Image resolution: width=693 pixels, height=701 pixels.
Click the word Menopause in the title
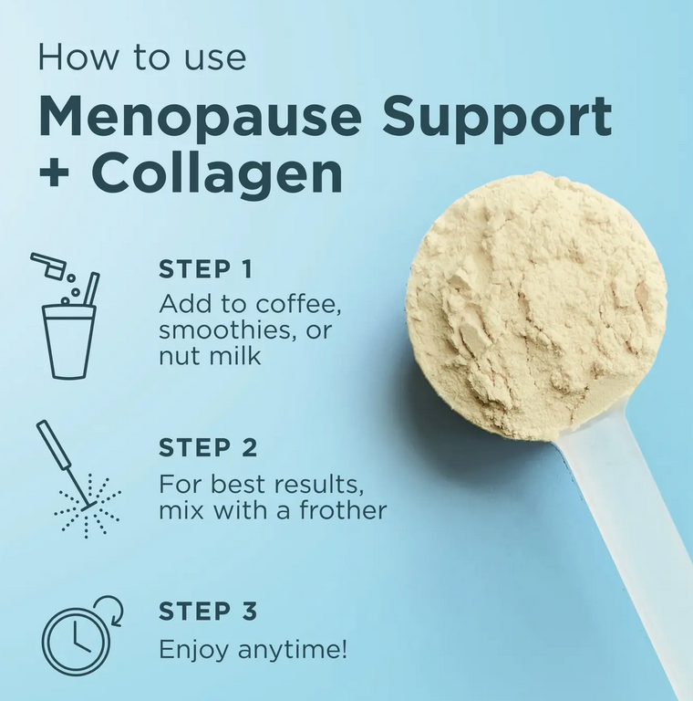tap(200, 115)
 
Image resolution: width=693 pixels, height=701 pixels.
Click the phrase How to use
tap(142, 57)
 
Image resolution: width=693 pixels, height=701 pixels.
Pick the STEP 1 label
tap(205, 269)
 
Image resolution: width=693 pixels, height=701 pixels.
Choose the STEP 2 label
tap(208, 447)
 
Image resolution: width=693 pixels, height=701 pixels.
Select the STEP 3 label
tap(208, 612)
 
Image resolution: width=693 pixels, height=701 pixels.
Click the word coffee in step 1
tap(298, 304)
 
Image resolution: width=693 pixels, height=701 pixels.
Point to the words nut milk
tap(210, 356)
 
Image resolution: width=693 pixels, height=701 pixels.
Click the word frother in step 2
tap(343, 510)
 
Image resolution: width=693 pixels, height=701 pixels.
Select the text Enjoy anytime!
tap(253, 650)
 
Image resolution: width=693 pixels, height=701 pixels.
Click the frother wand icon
tap(64, 465)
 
